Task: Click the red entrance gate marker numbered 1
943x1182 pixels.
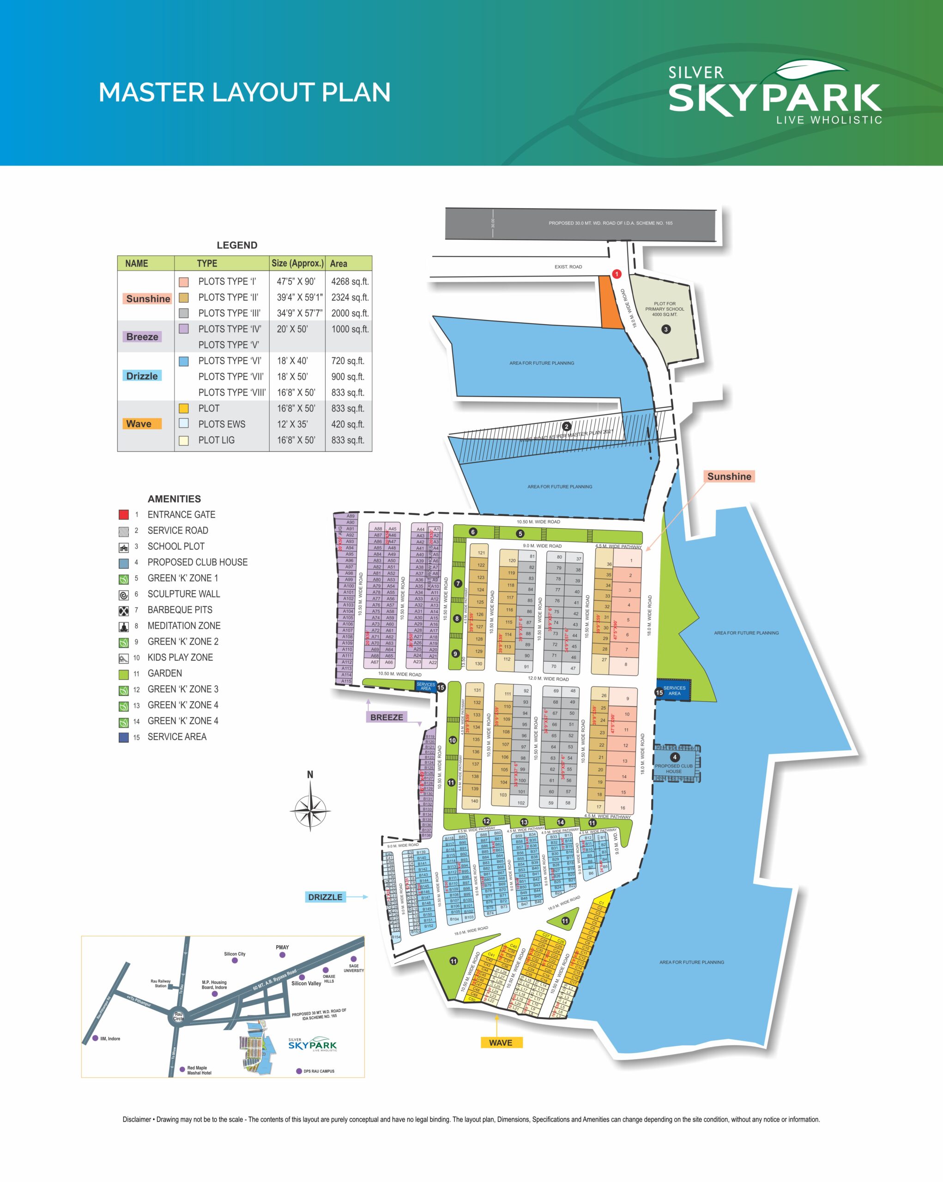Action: [x=616, y=274]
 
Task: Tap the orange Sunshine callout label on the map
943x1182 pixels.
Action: [x=729, y=476]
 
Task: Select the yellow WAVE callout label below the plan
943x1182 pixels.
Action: [x=500, y=1043]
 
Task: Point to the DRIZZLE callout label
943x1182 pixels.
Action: [x=325, y=897]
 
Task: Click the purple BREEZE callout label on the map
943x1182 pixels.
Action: [x=387, y=717]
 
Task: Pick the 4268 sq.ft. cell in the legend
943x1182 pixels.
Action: [x=349, y=282]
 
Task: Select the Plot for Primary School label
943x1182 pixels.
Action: [x=665, y=308]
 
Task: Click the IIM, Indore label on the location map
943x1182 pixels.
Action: [x=109, y=1038]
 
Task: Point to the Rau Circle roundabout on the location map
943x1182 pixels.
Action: [x=179, y=1016]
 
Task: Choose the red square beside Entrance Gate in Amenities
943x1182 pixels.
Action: [x=123, y=514]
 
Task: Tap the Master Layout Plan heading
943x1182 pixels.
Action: [x=244, y=92]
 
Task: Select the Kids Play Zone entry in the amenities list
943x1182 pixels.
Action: [x=180, y=657]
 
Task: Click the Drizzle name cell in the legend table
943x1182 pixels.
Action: [x=142, y=376]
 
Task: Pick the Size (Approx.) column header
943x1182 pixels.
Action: [x=297, y=263]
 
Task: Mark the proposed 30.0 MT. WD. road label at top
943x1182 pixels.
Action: [x=610, y=223]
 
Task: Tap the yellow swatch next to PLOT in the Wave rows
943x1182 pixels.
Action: [x=184, y=409]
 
